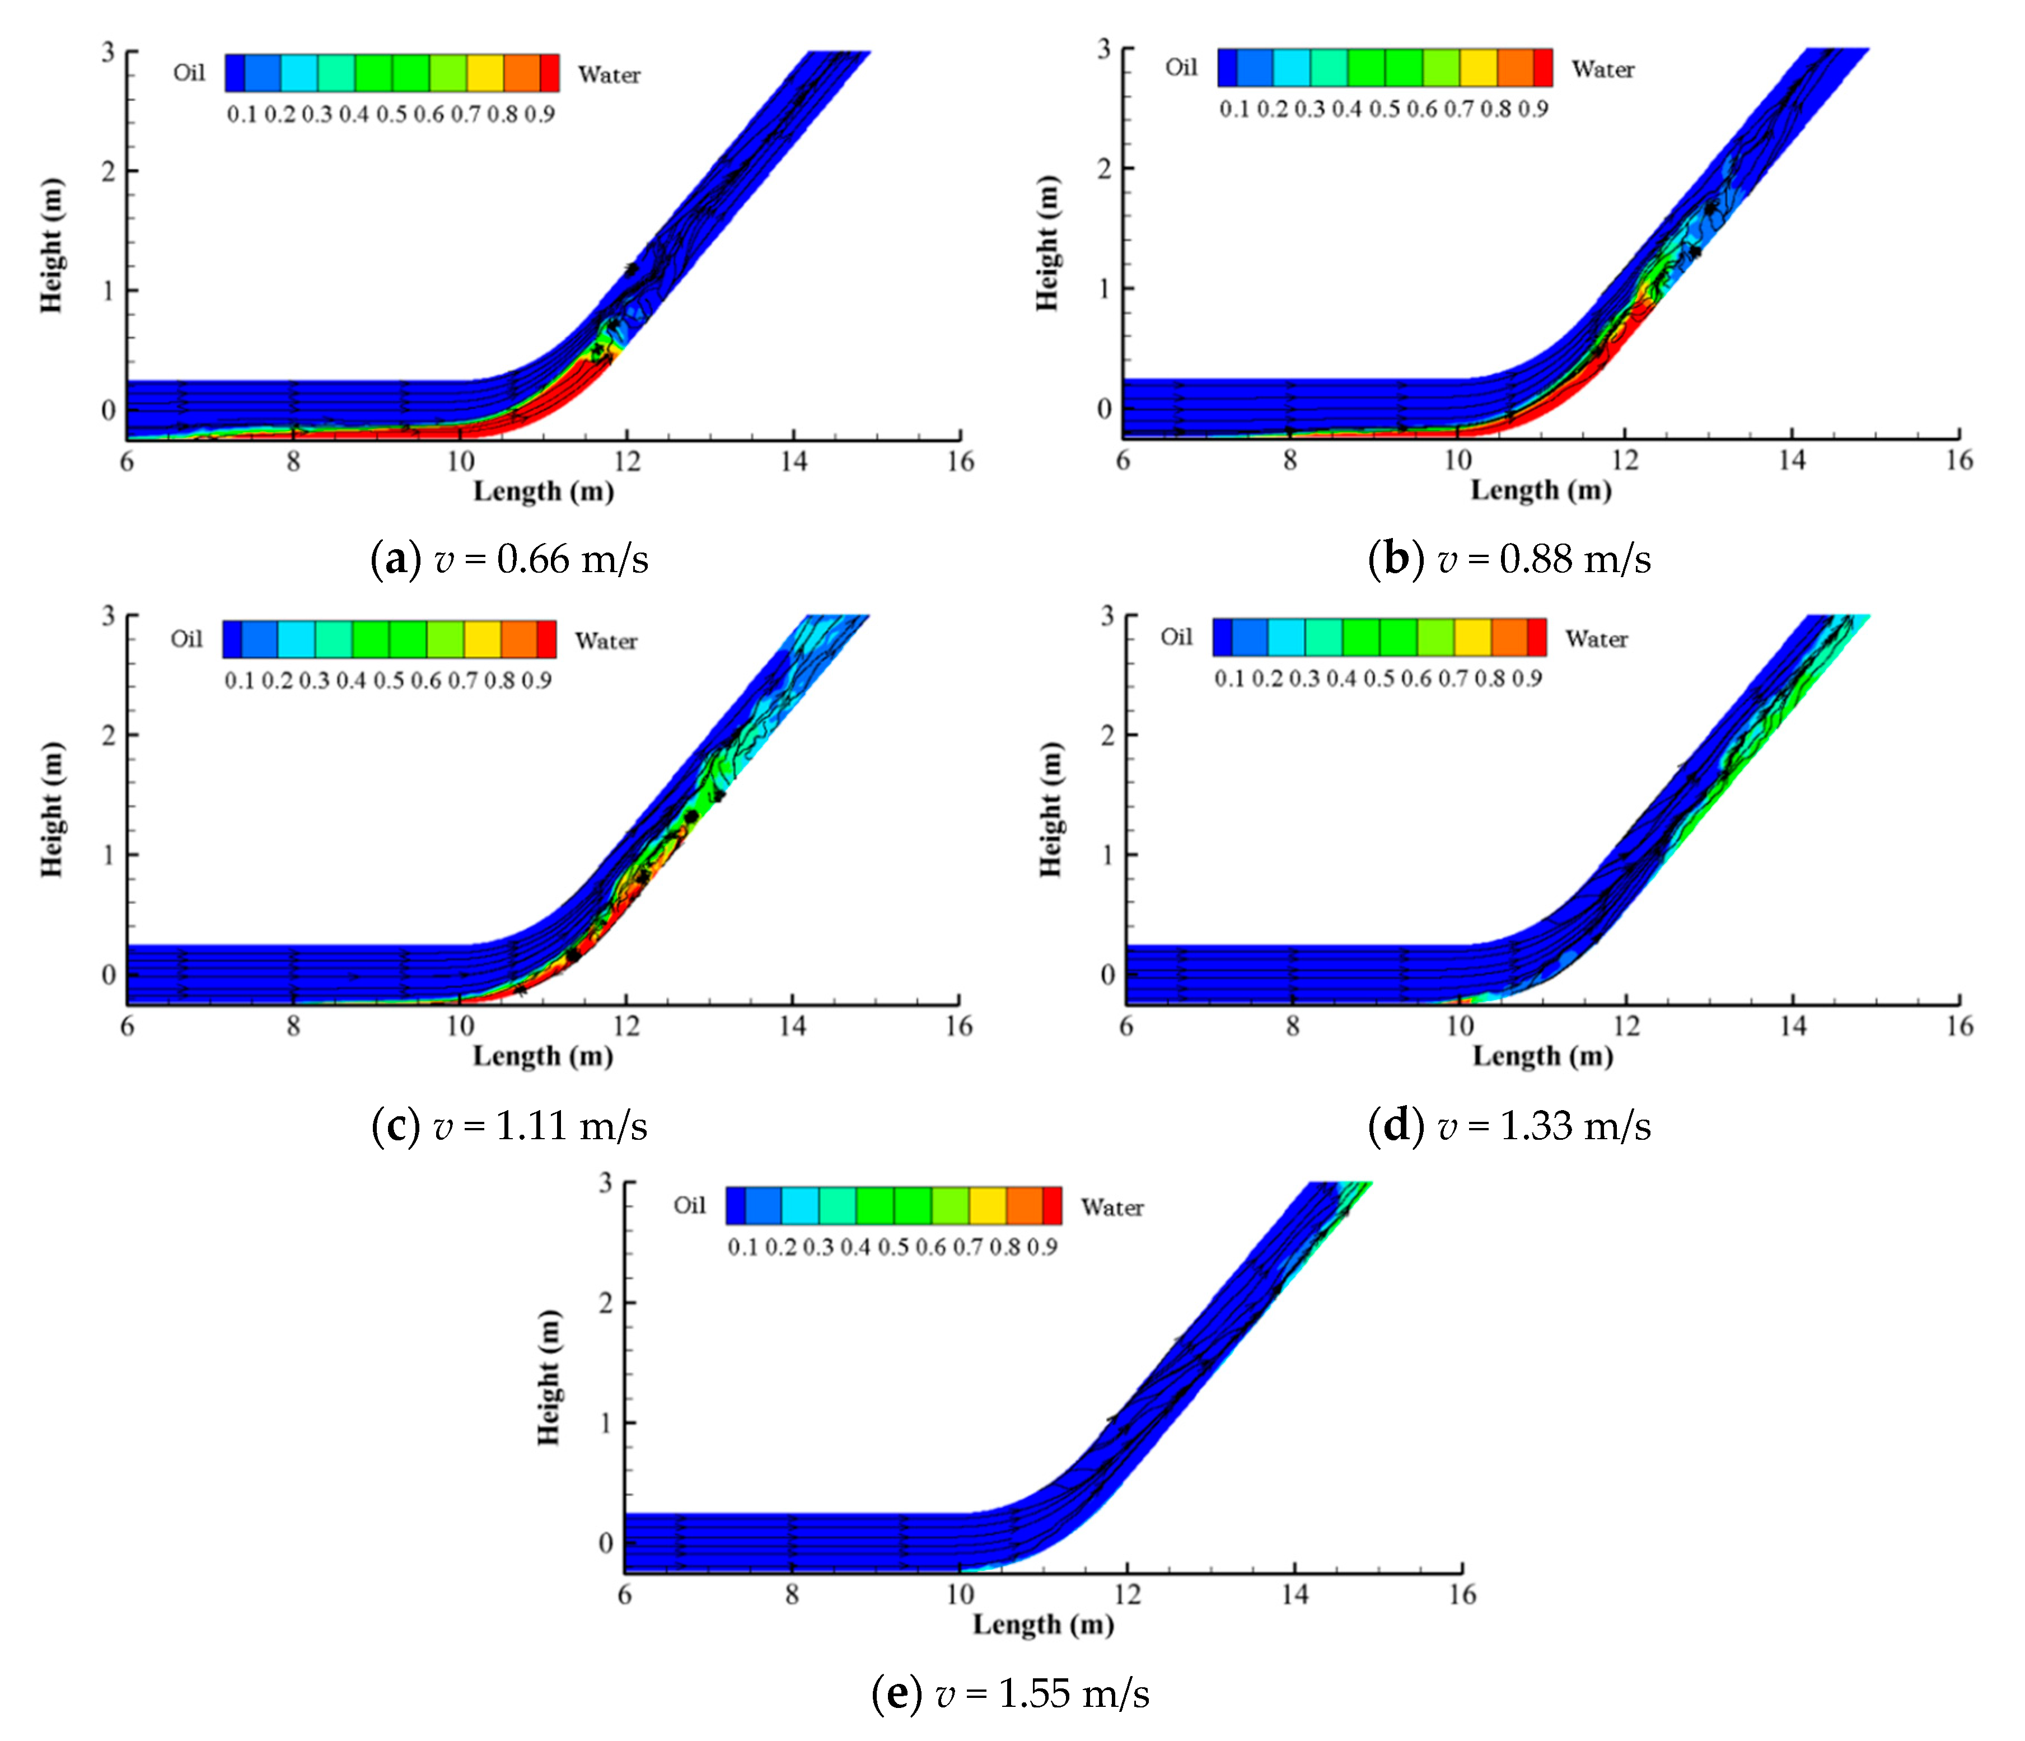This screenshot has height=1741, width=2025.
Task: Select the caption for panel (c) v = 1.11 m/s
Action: [x=509, y=1126]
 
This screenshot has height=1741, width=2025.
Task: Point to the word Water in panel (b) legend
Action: [x=1603, y=69]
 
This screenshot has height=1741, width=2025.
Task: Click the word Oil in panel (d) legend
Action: [x=1177, y=637]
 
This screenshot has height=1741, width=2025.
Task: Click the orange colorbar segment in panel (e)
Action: [x=1024, y=1206]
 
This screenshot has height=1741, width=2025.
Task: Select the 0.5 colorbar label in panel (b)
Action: [x=1385, y=109]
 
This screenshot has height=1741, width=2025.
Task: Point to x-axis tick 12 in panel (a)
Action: [x=626, y=461]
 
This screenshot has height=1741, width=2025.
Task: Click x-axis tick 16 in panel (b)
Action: [x=1958, y=459]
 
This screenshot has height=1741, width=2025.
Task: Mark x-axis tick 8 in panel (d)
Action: [x=1292, y=1026]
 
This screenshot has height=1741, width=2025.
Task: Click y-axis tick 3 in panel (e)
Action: [x=606, y=1183]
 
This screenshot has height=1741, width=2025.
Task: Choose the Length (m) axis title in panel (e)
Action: [x=1043, y=1624]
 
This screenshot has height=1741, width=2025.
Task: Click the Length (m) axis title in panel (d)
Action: [x=1542, y=1056]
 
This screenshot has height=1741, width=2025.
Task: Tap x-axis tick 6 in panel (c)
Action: [x=127, y=1026]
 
